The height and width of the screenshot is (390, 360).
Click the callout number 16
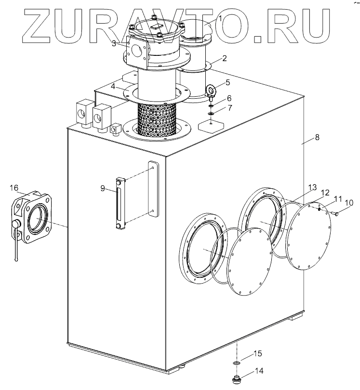tap(14, 188)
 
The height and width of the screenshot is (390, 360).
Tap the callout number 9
tap(103, 188)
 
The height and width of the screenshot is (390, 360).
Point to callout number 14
tap(259, 371)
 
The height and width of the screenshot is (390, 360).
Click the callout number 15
tap(258, 354)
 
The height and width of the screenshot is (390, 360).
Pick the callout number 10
tap(349, 203)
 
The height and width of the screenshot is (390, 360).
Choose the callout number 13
tap(312, 187)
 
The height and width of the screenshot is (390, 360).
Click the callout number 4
tap(113, 87)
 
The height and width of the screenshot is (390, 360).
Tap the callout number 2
tap(224, 59)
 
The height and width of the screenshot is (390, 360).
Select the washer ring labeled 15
tap(237, 363)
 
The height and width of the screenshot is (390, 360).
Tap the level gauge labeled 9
tap(120, 204)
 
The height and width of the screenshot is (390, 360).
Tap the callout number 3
tap(114, 43)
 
